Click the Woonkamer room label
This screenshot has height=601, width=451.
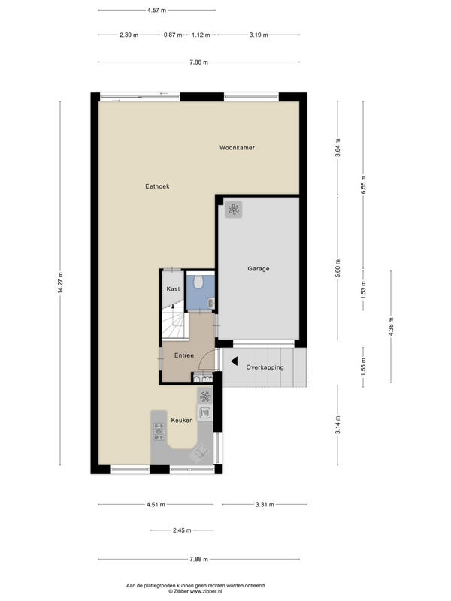pos(237,147)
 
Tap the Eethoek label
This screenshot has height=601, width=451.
pos(157,186)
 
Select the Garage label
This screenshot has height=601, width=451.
pos(259,269)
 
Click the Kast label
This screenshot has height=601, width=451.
pos(173,288)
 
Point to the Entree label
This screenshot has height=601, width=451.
pos(184,355)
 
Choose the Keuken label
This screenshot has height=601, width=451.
pos(182,420)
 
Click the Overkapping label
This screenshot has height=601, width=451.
pos(265,367)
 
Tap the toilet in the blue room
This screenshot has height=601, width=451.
pos(198,282)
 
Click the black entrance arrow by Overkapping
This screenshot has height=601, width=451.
pos(234,361)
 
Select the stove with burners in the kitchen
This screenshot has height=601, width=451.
pos(159,431)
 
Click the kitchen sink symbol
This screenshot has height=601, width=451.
pos(205,412)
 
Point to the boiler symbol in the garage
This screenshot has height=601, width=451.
pos(233,210)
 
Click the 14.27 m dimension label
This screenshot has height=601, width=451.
pos(60,283)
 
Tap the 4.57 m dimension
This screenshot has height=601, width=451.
pos(156,11)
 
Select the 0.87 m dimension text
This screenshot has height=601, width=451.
pos(173,35)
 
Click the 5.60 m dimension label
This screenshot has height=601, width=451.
pos(337,269)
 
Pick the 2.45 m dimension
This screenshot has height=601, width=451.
pos(182,530)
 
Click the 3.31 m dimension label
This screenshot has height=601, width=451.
pos(265,504)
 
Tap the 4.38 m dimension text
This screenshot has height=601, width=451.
pos(391,327)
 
